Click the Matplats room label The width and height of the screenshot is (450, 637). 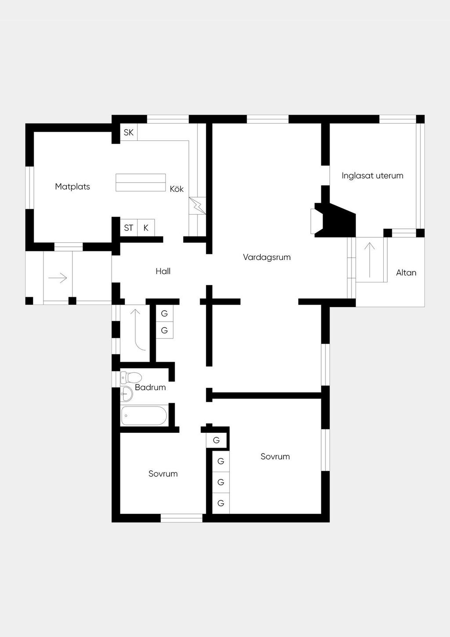[x=73, y=187]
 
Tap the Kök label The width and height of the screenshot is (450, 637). [x=177, y=189]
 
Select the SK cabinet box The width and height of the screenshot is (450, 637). [x=129, y=132]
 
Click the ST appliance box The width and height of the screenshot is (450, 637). [x=129, y=228]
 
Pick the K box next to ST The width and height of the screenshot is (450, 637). [x=146, y=228]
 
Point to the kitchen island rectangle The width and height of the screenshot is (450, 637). [x=141, y=183]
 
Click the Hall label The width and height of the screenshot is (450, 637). [x=163, y=271]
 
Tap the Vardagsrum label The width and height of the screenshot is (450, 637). [x=267, y=257]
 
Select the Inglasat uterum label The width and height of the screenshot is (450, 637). [x=372, y=176]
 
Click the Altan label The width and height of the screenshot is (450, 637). [x=406, y=273]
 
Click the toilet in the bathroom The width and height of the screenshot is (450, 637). [x=131, y=377]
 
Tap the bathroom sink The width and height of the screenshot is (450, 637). [x=127, y=394]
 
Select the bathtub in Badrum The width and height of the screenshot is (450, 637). [x=144, y=416]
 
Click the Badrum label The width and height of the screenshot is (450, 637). [x=150, y=388]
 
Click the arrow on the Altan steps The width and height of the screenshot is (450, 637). [x=370, y=260]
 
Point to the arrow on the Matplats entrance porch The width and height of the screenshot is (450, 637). [x=58, y=278]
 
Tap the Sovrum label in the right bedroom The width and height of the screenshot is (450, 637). [x=275, y=457]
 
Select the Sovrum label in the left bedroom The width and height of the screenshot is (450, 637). [x=163, y=474]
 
